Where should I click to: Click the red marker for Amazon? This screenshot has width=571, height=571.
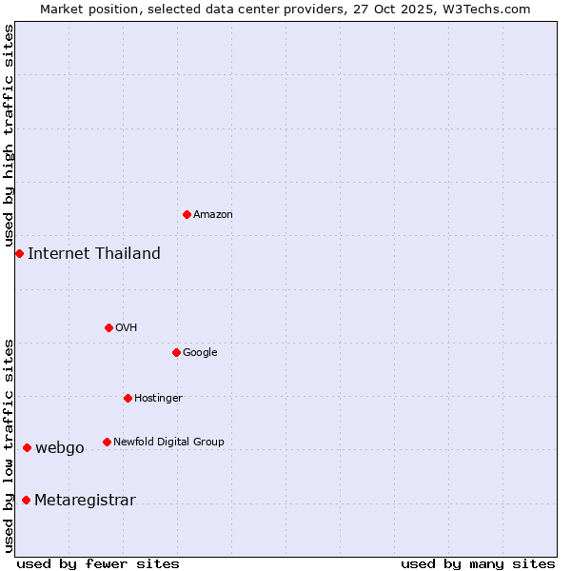coord(187,214)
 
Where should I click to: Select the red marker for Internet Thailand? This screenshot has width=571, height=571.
coord(19,253)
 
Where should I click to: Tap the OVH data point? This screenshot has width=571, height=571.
coord(108,327)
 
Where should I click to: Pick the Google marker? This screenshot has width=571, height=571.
coord(176,352)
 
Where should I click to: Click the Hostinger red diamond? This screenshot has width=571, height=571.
coord(128,398)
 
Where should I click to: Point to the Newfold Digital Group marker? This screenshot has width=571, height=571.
coord(107,442)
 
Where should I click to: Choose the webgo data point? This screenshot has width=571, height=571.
coord(27,447)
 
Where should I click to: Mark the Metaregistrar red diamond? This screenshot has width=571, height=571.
coord(26,500)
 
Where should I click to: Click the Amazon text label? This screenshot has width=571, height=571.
coord(213,215)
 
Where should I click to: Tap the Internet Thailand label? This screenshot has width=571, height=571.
coord(94,253)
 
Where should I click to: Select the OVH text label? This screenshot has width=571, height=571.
coord(127,328)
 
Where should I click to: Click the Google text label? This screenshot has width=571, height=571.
coord(200,353)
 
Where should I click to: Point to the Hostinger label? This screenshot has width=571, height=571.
coord(158,398)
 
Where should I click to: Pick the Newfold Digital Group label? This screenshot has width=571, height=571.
coord(168,442)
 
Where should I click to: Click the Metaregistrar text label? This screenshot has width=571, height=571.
coord(85,501)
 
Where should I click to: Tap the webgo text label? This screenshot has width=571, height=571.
coord(60,448)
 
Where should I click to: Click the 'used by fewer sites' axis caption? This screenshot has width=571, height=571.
coord(98,563)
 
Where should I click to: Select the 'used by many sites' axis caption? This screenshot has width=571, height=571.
coord(478,563)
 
